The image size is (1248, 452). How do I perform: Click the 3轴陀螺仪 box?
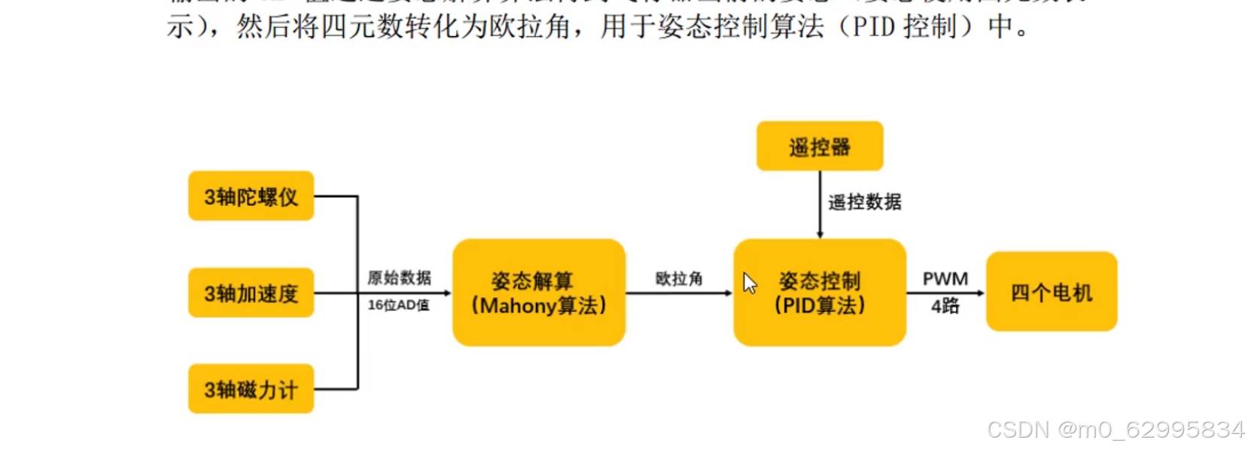(x=251, y=196)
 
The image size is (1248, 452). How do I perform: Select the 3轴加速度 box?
(x=251, y=292)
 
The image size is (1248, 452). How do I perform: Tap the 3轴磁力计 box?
(x=251, y=389)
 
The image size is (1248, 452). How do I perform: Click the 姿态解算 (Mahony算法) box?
(x=538, y=292)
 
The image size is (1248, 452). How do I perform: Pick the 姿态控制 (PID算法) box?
(x=820, y=292)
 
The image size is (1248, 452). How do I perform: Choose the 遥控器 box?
(x=819, y=146)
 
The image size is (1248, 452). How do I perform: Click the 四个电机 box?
(x=1051, y=292)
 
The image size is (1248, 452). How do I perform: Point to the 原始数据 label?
(x=399, y=278)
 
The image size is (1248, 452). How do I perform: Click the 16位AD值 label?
(x=398, y=305)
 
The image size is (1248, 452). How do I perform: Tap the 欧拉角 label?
(x=678, y=279)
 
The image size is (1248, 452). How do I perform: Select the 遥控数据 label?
(x=864, y=202)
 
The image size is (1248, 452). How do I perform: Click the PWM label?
(x=945, y=279)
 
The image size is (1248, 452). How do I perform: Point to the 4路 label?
(x=945, y=306)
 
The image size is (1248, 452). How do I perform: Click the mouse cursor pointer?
(x=749, y=282)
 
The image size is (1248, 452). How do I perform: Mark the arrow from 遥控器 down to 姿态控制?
(x=820, y=204)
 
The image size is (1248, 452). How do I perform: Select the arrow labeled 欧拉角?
(x=678, y=293)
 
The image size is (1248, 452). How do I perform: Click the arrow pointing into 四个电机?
(x=945, y=293)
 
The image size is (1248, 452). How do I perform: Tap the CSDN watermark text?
(x=1115, y=429)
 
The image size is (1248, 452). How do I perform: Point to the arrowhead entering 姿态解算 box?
(x=447, y=293)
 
